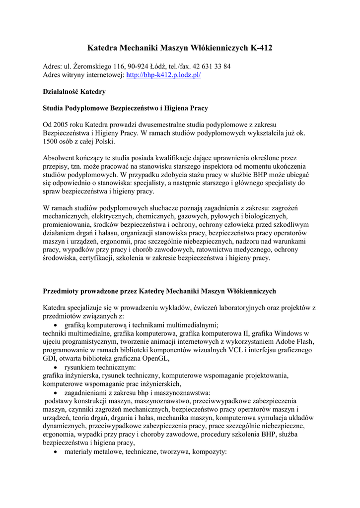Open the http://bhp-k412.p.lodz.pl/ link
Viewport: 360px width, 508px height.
pyautogui.click(x=163, y=75)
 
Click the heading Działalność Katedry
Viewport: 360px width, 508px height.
pyautogui.click(x=74, y=92)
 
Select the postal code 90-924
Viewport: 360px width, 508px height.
pyautogui.click(x=139, y=66)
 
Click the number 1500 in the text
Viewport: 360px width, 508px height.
pyautogui.click(x=52, y=141)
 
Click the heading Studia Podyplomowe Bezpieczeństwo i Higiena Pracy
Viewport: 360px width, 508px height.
pyautogui.click(x=125, y=108)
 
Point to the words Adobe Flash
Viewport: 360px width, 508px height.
pyautogui.click(x=295, y=341)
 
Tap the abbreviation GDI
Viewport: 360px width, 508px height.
pyautogui.click(x=50, y=358)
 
